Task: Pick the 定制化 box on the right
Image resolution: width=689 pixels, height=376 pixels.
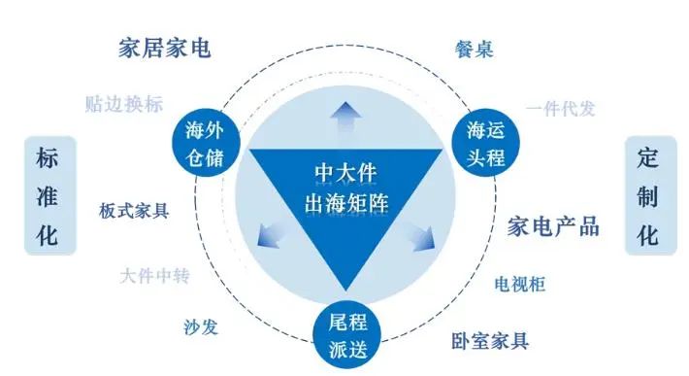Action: [648, 195]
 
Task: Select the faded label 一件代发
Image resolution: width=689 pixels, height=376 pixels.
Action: [561, 109]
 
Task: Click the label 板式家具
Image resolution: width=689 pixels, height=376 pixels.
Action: [134, 210]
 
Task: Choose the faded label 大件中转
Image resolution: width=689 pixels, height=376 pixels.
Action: [155, 276]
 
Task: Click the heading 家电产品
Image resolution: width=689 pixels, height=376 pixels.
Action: [553, 227]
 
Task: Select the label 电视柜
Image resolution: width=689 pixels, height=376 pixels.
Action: [520, 284]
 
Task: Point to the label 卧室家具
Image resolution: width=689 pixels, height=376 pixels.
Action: [490, 341]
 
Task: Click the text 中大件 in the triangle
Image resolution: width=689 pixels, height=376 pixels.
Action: [344, 173]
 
